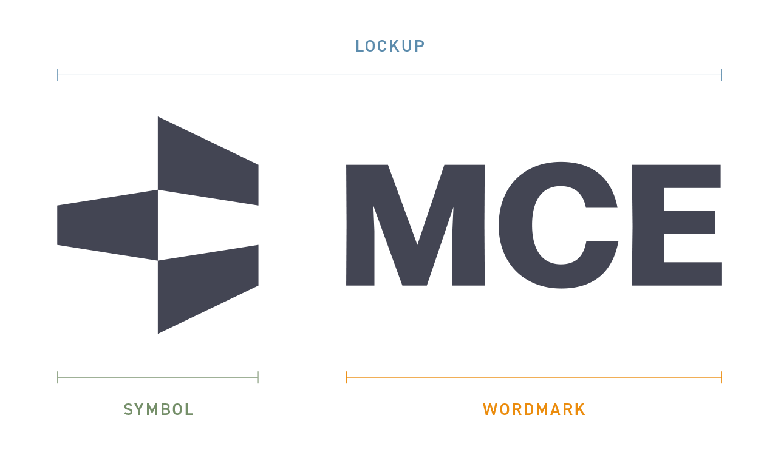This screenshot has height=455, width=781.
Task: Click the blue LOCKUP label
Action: (390, 46)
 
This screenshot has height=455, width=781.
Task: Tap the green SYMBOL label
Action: (159, 409)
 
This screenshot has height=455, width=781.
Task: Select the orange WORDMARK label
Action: (534, 409)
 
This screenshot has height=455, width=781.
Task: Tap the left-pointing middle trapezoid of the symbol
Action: (106, 225)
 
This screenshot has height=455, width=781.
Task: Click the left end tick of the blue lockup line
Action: (58, 75)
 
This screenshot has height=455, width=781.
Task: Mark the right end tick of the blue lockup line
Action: (721, 75)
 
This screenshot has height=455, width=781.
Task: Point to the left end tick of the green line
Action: (58, 378)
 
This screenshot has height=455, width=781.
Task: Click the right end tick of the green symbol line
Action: (258, 378)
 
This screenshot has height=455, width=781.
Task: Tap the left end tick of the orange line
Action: (347, 378)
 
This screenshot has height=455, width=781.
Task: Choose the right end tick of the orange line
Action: (721, 378)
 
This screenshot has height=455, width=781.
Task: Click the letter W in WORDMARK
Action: (489, 409)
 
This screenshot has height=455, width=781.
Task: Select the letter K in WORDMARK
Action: (580, 409)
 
